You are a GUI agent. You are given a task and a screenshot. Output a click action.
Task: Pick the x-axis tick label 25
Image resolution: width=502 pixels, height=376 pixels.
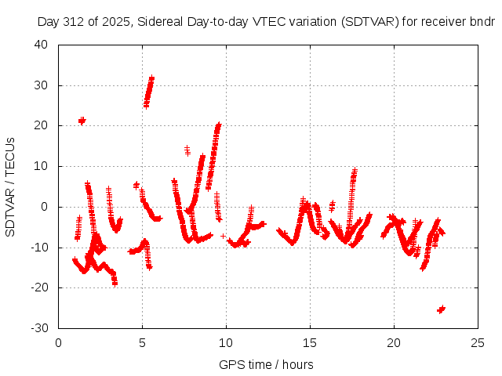pos(477,342)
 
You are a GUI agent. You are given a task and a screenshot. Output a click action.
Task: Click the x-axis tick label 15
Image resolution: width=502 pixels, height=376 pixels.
pos(310,342)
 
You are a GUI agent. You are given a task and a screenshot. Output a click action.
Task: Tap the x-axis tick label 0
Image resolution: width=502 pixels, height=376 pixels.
pos(59,342)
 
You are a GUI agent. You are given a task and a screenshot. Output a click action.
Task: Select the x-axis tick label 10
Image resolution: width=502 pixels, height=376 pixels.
pos(226,342)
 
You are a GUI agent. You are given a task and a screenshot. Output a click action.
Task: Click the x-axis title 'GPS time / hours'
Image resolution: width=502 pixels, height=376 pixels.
pos(267,364)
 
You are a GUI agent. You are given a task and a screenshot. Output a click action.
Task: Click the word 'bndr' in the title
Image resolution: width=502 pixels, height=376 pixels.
pos(482,22)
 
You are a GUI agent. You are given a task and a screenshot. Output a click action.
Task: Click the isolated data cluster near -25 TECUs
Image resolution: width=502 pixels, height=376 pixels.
pos(441,309)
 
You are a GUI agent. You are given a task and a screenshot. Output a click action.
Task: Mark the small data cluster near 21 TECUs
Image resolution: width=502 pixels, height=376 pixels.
pos(82,121)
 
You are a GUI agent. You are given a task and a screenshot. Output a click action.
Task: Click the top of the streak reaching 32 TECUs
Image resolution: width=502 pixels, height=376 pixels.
pos(151,78)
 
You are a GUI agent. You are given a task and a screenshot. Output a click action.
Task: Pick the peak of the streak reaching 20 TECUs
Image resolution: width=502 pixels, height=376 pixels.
pos(219,125)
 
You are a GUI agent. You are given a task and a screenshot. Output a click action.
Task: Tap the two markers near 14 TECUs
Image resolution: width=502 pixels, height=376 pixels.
pos(187,150)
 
